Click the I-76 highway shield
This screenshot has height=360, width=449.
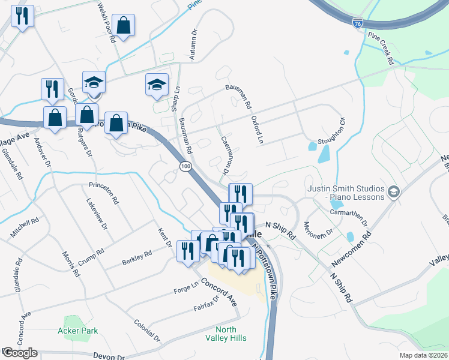pyautogui.click(x=358, y=23)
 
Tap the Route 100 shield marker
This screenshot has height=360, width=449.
pyautogui.click(x=185, y=165)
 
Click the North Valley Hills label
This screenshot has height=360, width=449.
pyautogui.click(x=231, y=334)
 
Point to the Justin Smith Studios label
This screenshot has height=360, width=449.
pyautogui.click(x=345, y=192)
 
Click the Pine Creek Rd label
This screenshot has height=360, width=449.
pyautogui.click(x=381, y=49)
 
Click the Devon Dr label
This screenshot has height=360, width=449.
pyautogui.click(x=109, y=356)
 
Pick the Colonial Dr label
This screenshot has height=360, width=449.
pyautogui.click(x=148, y=329)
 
